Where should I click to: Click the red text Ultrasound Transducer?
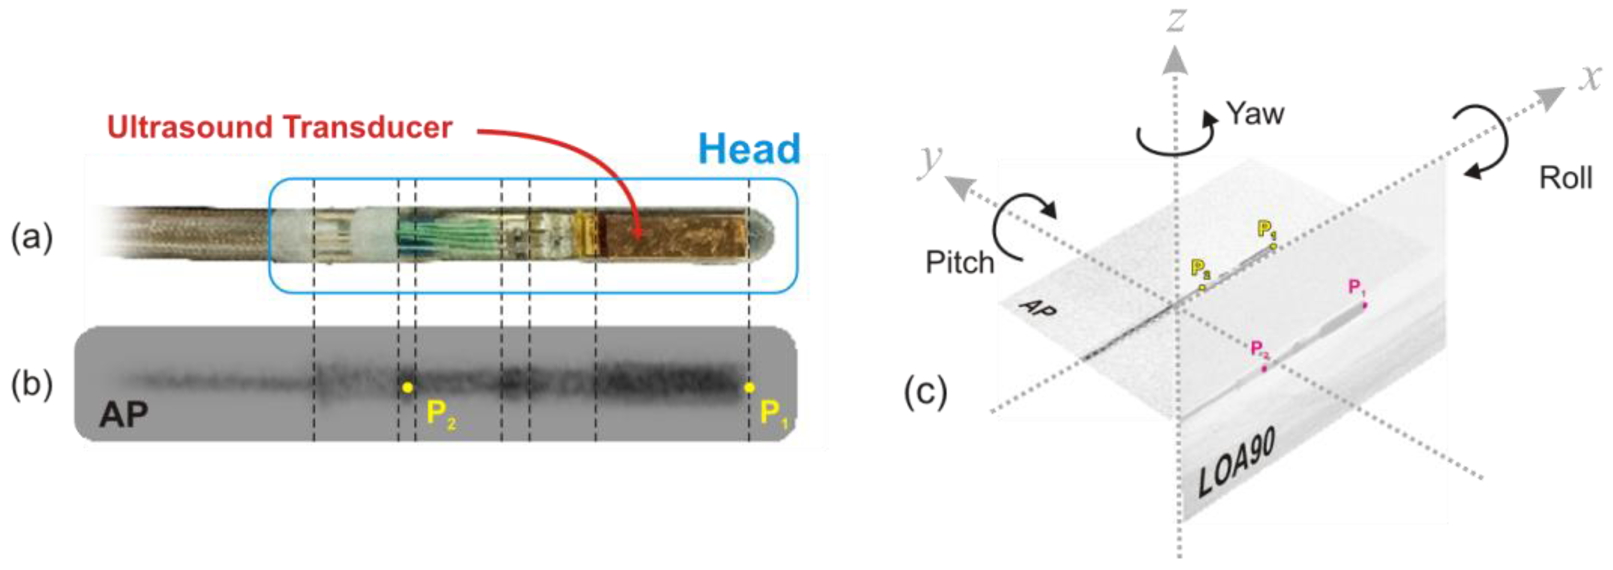pos(279,127)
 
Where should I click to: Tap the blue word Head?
pos(749,149)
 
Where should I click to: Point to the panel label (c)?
pos(925,393)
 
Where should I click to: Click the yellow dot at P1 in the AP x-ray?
pos(749,388)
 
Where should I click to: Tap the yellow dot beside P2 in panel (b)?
pos(407,388)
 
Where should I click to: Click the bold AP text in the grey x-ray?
pos(123,414)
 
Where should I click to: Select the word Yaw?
pos(1254,114)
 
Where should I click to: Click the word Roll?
pos(1565,178)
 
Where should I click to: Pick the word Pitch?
pos(959,263)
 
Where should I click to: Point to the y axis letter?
pos(930,161)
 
